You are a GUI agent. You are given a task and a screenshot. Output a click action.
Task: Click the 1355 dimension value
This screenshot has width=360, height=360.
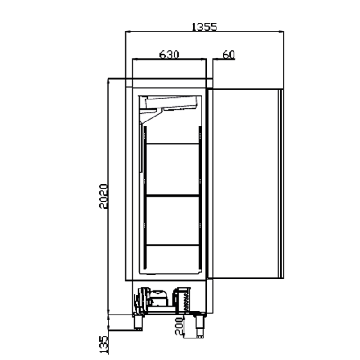click(x=204, y=27)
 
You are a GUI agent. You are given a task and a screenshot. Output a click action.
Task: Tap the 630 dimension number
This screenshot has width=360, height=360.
click(x=169, y=54)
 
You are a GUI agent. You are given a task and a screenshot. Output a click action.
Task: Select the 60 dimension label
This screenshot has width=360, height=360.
click(x=229, y=54)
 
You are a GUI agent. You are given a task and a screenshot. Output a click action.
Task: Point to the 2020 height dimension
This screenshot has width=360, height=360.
click(x=103, y=196)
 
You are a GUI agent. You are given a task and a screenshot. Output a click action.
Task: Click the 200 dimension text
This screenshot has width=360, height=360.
click(x=179, y=326)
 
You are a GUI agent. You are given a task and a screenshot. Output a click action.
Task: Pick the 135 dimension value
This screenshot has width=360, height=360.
click(x=103, y=344)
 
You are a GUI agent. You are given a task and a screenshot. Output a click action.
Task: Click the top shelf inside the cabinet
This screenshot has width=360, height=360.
click(x=173, y=144)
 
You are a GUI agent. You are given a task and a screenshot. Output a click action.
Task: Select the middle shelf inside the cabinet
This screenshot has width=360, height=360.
click(x=173, y=196)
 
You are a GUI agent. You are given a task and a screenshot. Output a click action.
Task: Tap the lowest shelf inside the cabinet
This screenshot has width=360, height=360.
click(x=173, y=245)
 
